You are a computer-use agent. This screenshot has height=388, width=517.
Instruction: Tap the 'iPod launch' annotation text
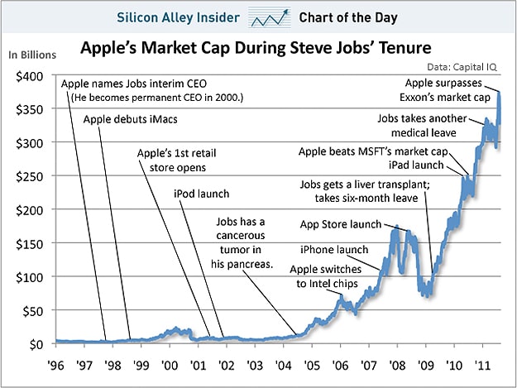201,194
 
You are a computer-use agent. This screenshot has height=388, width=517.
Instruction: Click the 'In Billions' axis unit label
32,55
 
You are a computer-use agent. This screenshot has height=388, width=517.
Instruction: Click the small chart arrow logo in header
270,17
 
